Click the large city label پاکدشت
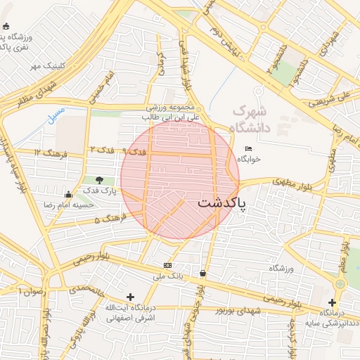[222, 202]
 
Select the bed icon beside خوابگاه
[248, 148]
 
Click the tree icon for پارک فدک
[99, 180]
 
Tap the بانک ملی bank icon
[167, 265]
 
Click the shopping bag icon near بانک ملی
[202, 273]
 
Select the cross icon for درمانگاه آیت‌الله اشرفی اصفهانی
[129, 297]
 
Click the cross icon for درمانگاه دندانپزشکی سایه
[331, 302]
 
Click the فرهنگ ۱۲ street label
[49, 153]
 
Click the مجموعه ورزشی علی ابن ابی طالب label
[173, 113]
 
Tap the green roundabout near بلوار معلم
[340, 283]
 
